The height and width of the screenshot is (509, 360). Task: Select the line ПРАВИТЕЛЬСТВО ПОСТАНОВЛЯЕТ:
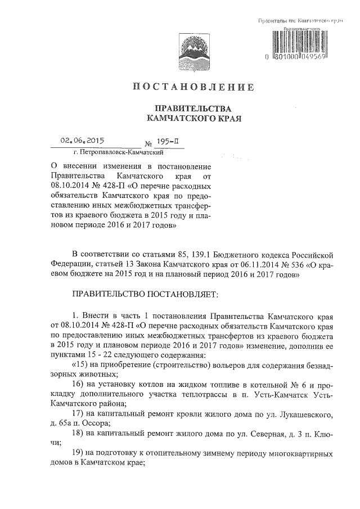(148, 294)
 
